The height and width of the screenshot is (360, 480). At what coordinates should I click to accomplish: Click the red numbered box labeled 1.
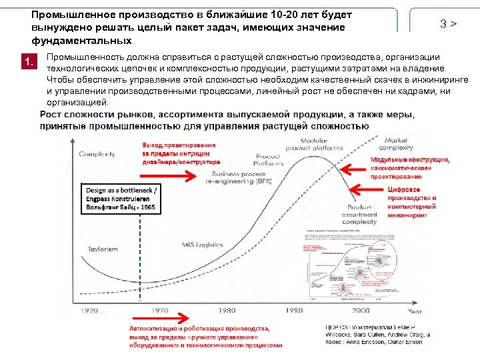28,62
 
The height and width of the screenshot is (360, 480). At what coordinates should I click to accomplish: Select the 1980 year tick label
227,311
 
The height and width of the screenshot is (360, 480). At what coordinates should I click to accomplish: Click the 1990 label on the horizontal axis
293,311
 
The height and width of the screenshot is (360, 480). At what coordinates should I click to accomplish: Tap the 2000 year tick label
361,311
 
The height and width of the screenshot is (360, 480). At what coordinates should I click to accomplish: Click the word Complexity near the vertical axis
97,154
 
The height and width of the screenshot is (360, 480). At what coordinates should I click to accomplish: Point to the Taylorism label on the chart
102,249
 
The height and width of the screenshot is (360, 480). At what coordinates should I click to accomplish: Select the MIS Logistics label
203,245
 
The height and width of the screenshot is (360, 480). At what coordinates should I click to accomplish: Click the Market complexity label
396,144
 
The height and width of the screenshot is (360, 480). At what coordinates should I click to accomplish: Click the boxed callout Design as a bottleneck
121,198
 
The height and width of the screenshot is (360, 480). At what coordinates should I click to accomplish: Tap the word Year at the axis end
415,311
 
